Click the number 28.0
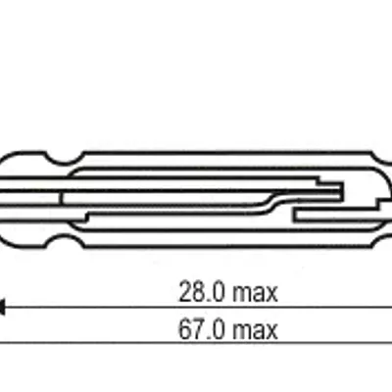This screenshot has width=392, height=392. [202, 292]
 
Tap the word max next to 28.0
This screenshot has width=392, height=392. [255, 294]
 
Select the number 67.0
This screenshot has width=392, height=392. [202, 329]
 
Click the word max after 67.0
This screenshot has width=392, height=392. [255, 331]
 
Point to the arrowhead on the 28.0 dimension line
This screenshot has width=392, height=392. [2, 308]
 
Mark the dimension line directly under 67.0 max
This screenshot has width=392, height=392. [196, 343]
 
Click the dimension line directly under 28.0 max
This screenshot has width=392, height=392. [196, 308]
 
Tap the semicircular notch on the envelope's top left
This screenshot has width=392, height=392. [65, 159]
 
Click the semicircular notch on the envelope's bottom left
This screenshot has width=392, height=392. [65, 240]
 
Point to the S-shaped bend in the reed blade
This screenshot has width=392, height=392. [270, 203]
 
